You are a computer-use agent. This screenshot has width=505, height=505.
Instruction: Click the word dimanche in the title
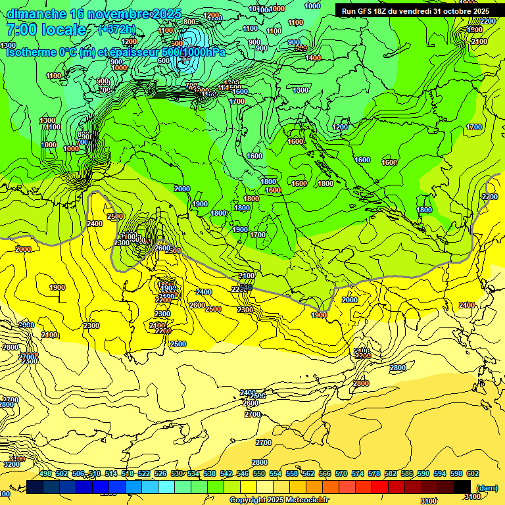click(36, 14)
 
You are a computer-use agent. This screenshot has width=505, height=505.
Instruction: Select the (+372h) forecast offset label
click(117, 30)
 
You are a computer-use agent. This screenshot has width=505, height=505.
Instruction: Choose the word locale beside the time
click(65, 30)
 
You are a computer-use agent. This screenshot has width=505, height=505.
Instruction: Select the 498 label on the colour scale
click(45, 473)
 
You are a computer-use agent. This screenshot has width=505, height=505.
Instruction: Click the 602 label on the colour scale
click(473, 473)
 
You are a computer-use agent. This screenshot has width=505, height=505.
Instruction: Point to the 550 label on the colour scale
click(259, 473)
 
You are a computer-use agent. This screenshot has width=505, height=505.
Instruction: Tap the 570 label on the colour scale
click(341, 473)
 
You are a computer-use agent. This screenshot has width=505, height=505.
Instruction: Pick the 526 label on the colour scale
click(160, 473)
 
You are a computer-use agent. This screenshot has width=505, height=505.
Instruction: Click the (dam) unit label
click(487, 488)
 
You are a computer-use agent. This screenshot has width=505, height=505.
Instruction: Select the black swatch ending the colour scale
click(462, 486)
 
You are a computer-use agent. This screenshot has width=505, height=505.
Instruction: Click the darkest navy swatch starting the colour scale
click(35, 486)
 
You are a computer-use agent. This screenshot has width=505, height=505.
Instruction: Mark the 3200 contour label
click(12, 464)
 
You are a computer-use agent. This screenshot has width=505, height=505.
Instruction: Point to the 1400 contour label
click(314, 58)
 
